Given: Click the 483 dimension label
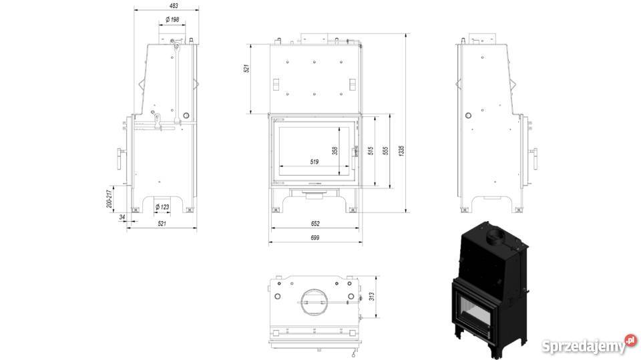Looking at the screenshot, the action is (x=174, y=6).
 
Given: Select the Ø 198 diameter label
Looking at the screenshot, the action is (x=172, y=19).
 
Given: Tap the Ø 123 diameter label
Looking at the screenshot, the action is (x=162, y=207).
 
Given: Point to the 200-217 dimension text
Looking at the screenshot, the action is (x=110, y=198).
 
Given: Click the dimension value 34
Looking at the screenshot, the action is (x=122, y=217).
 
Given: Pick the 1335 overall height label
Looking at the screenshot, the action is (x=401, y=151).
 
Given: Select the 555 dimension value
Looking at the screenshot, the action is (x=385, y=151).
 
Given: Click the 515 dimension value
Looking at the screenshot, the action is (x=371, y=151).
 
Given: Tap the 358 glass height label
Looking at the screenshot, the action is (x=335, y=151).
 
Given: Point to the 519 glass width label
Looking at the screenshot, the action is (x=314, y=162).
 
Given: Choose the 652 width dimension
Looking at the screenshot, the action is (x=315, y=224).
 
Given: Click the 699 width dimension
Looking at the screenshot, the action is (x=314, y=238).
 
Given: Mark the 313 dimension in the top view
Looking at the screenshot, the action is (x=372, y=296).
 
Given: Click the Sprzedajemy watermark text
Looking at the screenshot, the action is (x=584, y=347).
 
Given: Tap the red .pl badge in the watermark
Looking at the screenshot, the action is (x=631, y=341).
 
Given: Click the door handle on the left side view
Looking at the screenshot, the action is (x=120, y=159).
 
